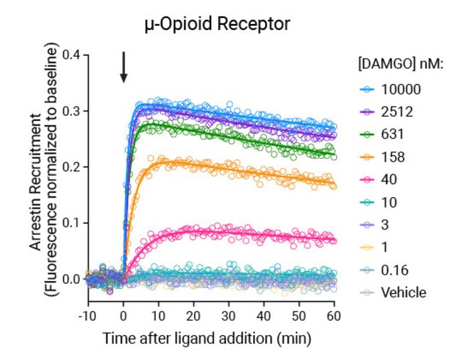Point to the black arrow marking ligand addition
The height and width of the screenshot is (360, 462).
coord(124,67)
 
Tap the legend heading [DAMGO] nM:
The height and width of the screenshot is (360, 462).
coord(400,65)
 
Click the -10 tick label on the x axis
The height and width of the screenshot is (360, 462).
coord(87,315)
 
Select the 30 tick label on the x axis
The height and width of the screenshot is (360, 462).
coord(229,315)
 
